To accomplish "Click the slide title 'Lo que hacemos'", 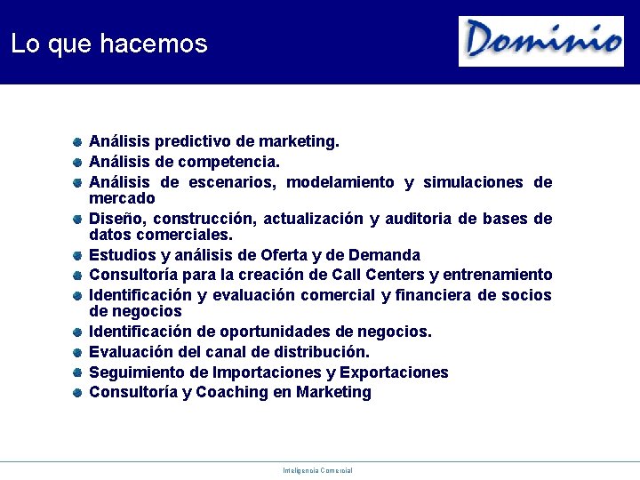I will click(109, 44).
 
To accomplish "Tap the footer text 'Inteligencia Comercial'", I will click(317, 470).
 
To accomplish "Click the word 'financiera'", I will click(431, 295).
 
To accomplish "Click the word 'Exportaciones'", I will click(393, 372).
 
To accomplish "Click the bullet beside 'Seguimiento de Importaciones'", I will click(78, 372).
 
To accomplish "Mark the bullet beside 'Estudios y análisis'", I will click(78, 256).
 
